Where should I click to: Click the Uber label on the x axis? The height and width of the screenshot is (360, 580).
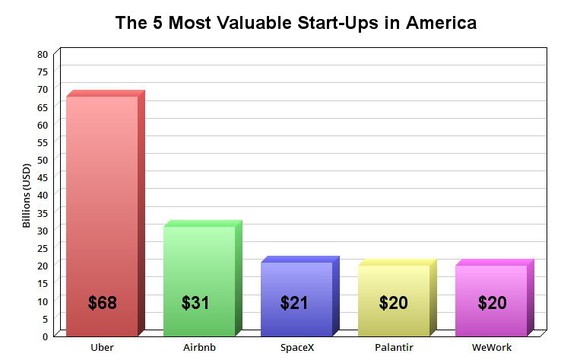101,347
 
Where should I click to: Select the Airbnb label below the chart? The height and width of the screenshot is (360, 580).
199,347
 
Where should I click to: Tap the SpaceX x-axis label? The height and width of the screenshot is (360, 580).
297,347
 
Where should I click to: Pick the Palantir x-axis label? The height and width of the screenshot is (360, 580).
394,347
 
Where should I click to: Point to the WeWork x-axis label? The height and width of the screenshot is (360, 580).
491,347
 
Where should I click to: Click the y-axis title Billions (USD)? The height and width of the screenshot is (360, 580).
27,194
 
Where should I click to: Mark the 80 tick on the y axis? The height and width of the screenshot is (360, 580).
42,54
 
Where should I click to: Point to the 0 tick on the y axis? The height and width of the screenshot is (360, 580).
44,336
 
